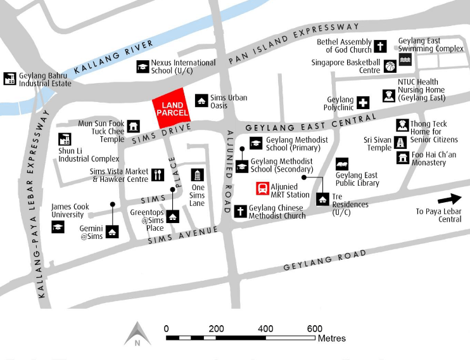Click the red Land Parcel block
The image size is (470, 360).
[174, 108]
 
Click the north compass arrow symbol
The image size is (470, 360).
[137, 334]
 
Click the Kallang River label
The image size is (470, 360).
[114, 57]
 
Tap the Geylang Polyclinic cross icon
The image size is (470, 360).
[363, 103]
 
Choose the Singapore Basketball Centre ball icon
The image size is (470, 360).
[390, 66]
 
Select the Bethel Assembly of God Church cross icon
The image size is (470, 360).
[380, 46]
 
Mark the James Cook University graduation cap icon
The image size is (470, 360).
[58, 226]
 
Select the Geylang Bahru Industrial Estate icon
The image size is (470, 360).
[10, 79]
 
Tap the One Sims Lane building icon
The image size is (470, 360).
[198, 175]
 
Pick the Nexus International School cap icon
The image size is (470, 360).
[143, 66]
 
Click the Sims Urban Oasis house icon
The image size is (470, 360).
[201, 100]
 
